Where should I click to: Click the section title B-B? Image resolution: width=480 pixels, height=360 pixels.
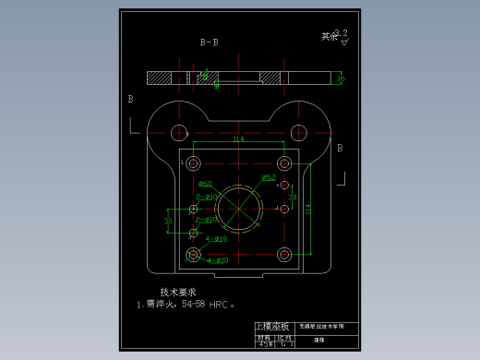tap(210, 42)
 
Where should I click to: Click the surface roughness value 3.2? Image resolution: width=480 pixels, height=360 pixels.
tap(341, 31)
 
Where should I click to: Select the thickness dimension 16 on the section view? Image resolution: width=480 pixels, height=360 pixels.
tap(342, 78)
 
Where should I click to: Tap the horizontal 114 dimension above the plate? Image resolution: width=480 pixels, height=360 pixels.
tap(238, 139)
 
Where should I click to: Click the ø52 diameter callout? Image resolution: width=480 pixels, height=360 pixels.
tap(269, 176)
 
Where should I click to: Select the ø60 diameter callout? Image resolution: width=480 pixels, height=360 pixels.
tap(204, 184)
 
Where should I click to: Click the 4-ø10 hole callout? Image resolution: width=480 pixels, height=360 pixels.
tap(217, 261)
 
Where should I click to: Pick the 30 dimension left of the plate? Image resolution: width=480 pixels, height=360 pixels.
tap(169, 222)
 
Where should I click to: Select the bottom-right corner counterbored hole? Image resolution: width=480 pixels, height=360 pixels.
tap(284, 255)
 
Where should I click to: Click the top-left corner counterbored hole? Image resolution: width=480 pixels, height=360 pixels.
tap(193, 164)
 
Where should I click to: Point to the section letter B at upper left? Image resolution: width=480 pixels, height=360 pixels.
tap(130, 98)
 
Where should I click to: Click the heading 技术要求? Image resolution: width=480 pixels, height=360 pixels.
tap(177, 292)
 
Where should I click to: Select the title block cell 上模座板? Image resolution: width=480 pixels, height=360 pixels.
tap(274, 327)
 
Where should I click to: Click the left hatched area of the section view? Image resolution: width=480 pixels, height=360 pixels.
tap(160, 78)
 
